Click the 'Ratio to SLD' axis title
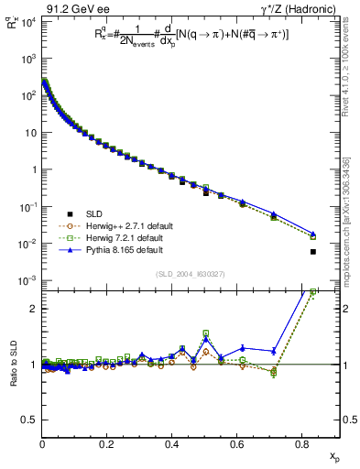[11, 364]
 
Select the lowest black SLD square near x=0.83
[313, 251]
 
